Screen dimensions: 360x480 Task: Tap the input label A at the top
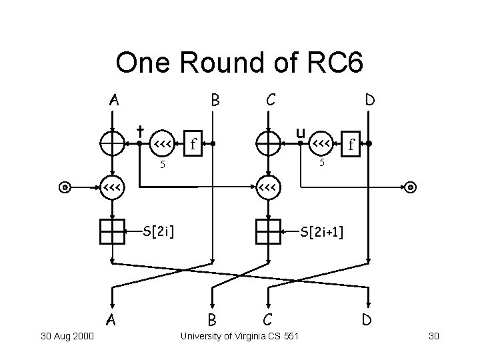click(x=115, y=101)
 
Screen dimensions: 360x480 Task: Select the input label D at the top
click(x=368, y=101)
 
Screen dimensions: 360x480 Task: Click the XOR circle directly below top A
click(x=113, y=143)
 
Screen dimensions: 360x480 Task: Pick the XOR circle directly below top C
click(x=269, y=143)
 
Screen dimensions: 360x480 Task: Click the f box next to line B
click(x=193, y=143)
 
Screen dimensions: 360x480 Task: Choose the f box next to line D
click(x=351, y=143)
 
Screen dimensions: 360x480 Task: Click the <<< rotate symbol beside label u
click(x=321, y=143)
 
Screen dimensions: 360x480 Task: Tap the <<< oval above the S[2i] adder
click(x=111, y=187)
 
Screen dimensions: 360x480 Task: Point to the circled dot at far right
click(x=411, y=187)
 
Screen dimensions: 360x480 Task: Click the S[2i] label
click(x=159, y=231)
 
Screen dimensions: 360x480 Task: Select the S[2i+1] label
click(x=323, y=231)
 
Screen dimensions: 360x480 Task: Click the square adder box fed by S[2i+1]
click(x=269, y=231)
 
